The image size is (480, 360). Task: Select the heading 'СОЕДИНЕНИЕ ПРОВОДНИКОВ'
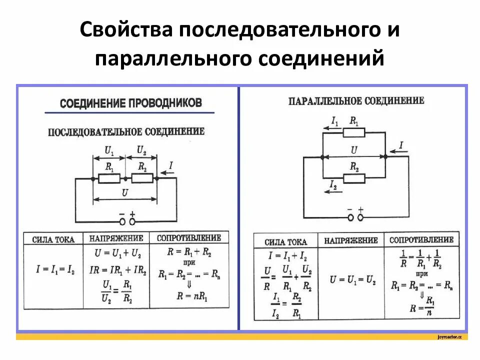130,103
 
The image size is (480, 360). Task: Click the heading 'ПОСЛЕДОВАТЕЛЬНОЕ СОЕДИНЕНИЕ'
126,132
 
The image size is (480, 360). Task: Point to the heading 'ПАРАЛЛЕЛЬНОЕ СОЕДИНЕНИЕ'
356,101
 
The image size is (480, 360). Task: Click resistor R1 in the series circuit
109,177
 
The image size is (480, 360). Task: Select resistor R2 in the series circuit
142,177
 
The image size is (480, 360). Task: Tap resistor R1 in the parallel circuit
354,132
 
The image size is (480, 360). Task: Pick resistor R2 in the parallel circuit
354,177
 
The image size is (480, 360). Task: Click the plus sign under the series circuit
133,212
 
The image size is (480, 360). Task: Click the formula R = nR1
192,296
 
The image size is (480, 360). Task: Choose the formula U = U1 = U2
352,279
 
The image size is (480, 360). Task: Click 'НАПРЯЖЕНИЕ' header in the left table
116,239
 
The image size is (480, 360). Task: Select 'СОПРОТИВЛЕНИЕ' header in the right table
421,240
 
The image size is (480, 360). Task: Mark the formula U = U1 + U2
120,253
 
